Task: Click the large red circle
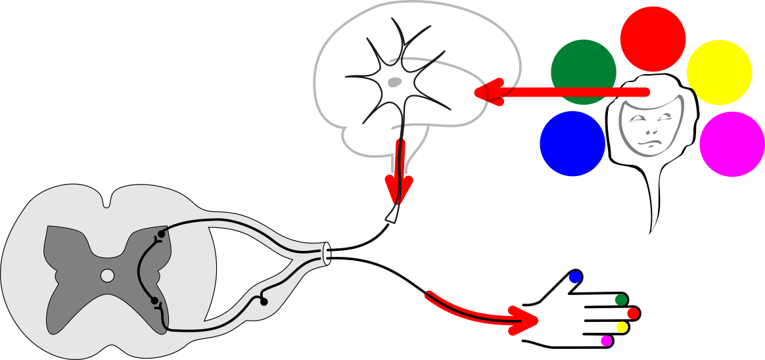[x=653, y=39]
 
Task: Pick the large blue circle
[x=572, y=144]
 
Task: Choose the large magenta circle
[x=732, y=144]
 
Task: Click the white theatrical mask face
[x=651, y=126]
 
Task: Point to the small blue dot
[x=575, y=277]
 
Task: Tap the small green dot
[x=620, y=300]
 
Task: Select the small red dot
[x=633, y=313]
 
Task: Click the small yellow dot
[x=622, y=327]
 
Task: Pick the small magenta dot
[x=606, y=341]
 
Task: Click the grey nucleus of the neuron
[x=394, y=82]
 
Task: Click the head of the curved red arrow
[x=526, y=321]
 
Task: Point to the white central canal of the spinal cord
[x=107, y=275]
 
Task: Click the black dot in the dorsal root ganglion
[x=264, y=302]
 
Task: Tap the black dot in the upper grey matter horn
[x=161, y=234]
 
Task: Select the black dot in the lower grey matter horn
[x=154, y=301]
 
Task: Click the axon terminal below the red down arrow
[x=392, y=215]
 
